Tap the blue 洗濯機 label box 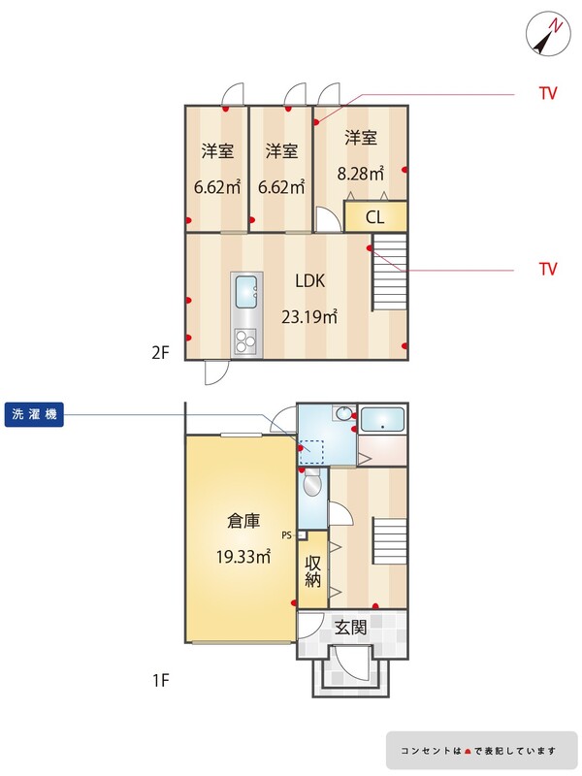34,414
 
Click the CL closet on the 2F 375,216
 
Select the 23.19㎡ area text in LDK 309,316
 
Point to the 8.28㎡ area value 361,174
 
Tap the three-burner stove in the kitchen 245,341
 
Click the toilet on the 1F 312,483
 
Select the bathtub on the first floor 382,420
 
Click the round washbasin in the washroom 344,413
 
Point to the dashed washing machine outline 311,452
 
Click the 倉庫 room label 243,521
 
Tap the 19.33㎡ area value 243,557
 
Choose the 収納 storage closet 312,569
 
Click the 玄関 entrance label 351,628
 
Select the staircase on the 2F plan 390,272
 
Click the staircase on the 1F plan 390,540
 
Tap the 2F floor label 160,353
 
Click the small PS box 303,535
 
